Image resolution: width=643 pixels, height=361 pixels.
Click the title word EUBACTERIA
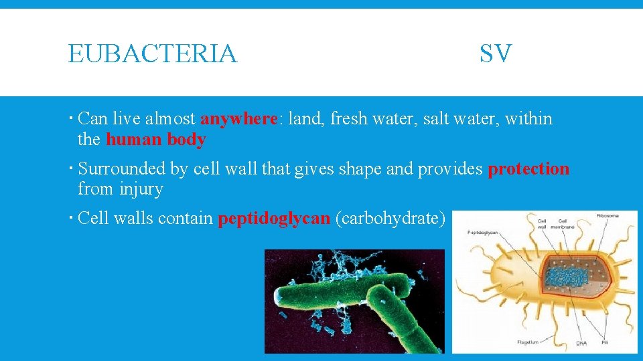(x=153, y=53)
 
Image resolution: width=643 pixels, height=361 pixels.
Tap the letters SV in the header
(x=496, y=53)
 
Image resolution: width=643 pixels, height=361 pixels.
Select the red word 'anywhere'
(x=239, y=119)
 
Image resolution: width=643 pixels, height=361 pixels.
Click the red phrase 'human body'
(x=155, y=140)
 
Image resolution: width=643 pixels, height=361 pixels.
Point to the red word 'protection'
(x=528, y=169)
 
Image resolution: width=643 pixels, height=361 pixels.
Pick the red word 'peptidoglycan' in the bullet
(x=274, y=219)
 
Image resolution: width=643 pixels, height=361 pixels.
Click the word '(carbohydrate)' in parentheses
(x=390, y=219)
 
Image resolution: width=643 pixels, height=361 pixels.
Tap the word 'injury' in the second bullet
(x=141, y=189)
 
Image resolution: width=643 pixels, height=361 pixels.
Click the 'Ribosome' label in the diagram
(x=608, y=215)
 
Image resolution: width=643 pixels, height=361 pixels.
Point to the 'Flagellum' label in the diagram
(x=528, y=342)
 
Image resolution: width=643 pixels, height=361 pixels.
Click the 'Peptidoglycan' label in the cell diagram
(x=482, y=233)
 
